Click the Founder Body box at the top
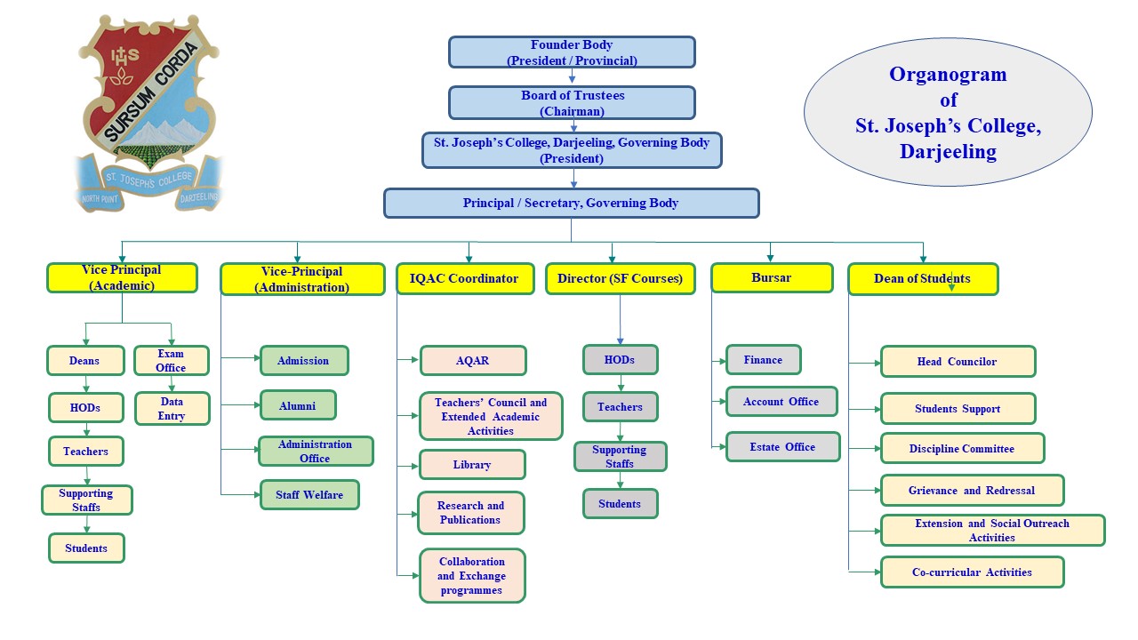point(571,52)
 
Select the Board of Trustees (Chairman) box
point(571,103)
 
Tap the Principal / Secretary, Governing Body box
point(571,203)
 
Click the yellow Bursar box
point(771,277)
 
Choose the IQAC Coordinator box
point(464,278)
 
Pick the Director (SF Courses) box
point(620,278)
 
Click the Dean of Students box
point(922,278)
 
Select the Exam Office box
point(171,360)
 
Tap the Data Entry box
point(172,409)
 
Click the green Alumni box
point(298,405)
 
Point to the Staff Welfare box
point(309,495)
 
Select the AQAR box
point(472,361)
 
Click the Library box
point(471,465)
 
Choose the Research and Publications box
point(470,513)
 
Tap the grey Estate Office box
point(782,447)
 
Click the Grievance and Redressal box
point(971,490)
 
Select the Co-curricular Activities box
point(972,572)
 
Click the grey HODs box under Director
point(620,360)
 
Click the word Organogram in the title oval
point(948,75)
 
